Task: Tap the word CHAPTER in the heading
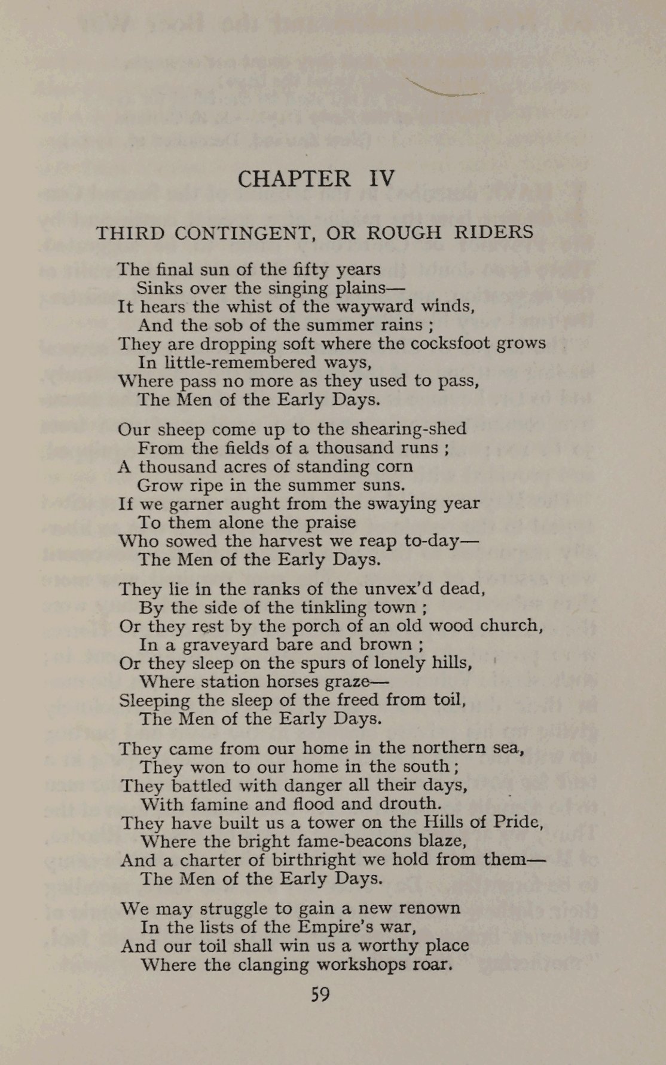294,179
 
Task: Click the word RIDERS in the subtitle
493,232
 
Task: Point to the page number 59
320,995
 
